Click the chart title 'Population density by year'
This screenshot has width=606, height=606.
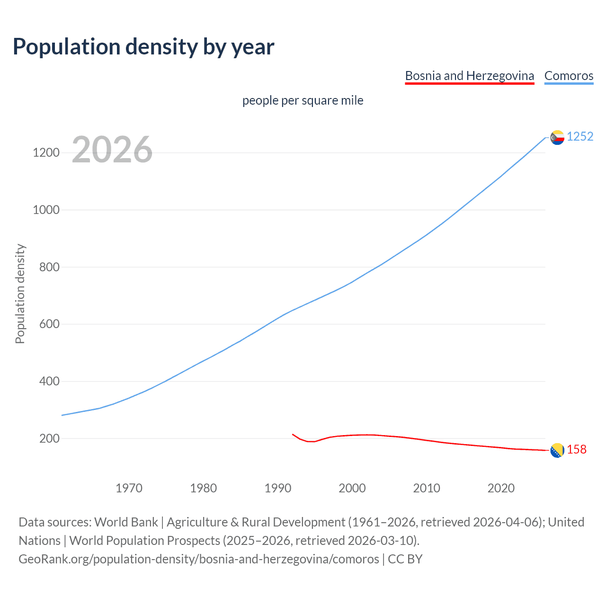click(x=143, y=47)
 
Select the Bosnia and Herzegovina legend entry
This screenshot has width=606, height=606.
click(x=469, y=76)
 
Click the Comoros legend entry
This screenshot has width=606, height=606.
click(x=569, y=76)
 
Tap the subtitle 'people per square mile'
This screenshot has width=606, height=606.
click(x=303, y=100)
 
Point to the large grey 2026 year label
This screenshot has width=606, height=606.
click(x=112, y=150)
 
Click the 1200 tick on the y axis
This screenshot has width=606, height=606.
click(x=46, y=152)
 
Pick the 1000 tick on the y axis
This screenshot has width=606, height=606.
click(x=46, y=210)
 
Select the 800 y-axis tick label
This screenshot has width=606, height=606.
click(x=49, y=267)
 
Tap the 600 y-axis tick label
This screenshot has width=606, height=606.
click(x=49, y=324)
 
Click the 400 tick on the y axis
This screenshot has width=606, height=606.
click(x=49, y=381)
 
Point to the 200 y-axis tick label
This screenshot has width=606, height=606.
click(x=49, y=438)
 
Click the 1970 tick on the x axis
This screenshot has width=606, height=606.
click(x=129, y=488)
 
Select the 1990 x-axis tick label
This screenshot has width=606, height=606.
click(x=278, y=488)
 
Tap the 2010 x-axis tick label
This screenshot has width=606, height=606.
click(x=427, y=488)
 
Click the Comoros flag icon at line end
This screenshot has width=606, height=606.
click(x=557, y=137)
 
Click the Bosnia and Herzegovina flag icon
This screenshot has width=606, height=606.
click(x=557, y=451)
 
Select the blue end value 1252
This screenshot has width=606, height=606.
click(x=580, y=136)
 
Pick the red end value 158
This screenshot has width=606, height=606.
click(x=577, y=449)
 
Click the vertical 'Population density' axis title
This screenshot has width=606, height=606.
click(x=20, y=294)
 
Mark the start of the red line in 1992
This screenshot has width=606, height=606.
click(x=293, y=434)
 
